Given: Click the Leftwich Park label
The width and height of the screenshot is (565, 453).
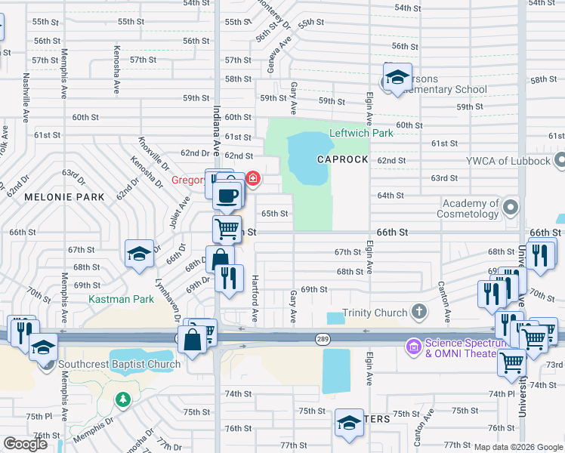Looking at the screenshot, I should (361, 134).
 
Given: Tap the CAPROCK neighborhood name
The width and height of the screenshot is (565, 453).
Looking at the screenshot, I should (342, 160).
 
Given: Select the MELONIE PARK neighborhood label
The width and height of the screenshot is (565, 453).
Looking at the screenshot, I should (64, 197).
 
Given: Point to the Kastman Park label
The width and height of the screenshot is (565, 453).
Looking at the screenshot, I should (121, 300).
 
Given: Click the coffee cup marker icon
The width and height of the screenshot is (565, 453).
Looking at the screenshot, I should (227, 196).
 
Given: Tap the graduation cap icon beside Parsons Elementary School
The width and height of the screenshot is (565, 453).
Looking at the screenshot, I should (397, 77).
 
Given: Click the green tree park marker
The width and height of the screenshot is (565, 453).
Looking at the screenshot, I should (121, 398).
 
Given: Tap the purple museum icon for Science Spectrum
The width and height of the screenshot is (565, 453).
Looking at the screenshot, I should (412, 347).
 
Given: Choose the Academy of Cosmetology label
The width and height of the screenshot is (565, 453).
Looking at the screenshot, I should (471, 208).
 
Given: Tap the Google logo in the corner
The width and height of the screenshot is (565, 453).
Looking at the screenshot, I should (25, 444).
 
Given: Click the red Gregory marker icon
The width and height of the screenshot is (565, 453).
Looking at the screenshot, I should (254, 180).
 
